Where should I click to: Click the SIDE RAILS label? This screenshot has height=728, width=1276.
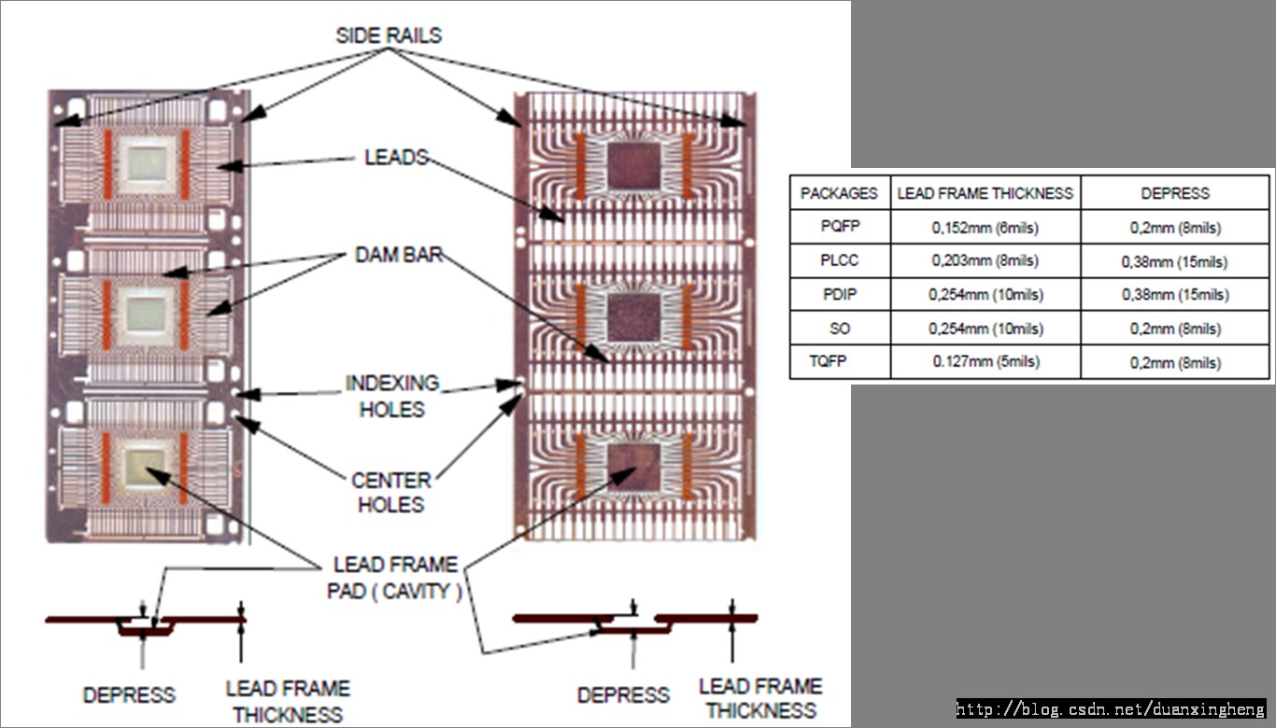coord(389,35)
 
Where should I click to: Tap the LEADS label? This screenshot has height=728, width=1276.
coord(396,157)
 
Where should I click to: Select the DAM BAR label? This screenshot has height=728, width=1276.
coord(398,254)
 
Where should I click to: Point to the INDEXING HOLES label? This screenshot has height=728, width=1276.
coord(391,396)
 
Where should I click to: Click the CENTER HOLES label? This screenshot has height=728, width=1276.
coord(391,493)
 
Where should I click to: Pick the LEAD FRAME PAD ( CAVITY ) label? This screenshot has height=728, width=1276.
coord(395,578)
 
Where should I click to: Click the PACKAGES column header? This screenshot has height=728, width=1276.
coord(840,193)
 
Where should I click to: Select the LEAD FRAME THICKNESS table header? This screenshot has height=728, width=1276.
coord(985,193)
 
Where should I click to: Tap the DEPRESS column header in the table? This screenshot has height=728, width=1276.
coord(1175,193)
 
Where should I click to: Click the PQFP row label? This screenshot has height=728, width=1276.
coord(840,228)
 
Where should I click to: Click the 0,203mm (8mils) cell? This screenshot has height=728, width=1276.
coord(985,261)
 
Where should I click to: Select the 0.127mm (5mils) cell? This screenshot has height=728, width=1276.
coord(985,361)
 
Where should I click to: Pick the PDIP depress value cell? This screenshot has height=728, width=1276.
coord(1175,295)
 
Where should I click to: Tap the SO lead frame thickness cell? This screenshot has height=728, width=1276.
coord(985,329)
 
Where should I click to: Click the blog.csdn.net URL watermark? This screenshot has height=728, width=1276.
coord(1111,710)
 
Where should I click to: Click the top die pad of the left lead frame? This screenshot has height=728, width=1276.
coord(146,162)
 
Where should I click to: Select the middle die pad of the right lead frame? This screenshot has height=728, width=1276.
coord(634,316)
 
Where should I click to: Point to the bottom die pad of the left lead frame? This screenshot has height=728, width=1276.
coord(146,464)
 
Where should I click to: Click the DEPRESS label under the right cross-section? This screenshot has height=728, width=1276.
coord(623,695)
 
